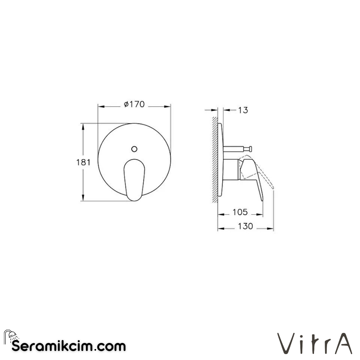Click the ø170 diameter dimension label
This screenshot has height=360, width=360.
[134, 104]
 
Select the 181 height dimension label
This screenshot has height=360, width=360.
[84, 162]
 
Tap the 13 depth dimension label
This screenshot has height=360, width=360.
[243, 110]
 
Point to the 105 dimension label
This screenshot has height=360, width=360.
[240, 212]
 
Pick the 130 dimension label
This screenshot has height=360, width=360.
[245, 226]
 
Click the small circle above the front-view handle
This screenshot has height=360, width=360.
[134, 149]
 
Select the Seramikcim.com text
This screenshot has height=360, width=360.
[69, 346]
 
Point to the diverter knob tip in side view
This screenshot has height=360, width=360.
[249, 149]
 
